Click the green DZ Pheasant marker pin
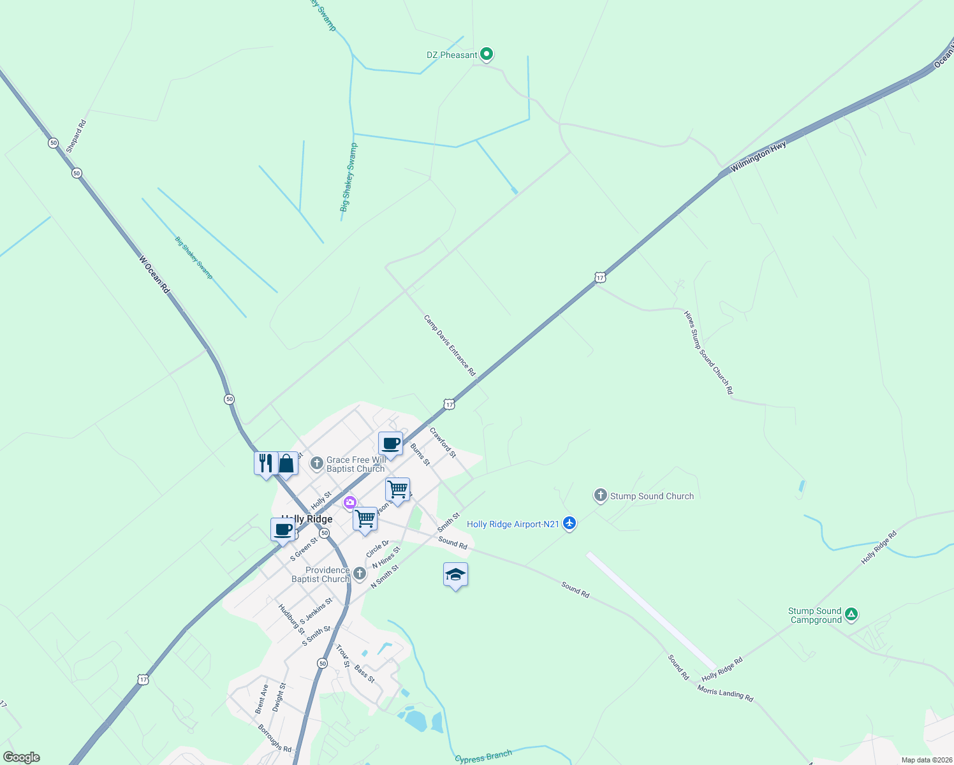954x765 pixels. click(x=487, y=54)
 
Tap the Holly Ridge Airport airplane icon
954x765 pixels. click(x=569, y=524)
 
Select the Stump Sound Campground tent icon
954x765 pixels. click(x=851, y=615)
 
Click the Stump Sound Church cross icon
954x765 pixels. click(x=600, y=495)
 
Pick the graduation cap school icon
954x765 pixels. click(x=455, y=575)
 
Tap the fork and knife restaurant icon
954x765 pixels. click(x=265, y=463)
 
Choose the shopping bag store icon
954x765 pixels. click(x=286, y=463)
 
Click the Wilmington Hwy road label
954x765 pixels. click(x=758, y=157)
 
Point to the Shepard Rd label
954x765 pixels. click(x=76, y=136)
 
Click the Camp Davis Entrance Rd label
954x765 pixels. click(x=450, y=345)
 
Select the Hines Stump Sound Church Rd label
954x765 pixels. click(x=708, y=353)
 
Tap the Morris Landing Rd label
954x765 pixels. click(x=725, y=694)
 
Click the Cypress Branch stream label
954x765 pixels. click(x=483, y=757)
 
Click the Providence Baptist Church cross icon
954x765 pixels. click(x=360, y=574)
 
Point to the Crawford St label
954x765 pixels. click(x=443, y=442)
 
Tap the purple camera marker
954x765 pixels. click(x=349, y=503)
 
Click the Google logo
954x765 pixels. click(x=21, y=757)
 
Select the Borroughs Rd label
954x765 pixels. click(x=274, y=738)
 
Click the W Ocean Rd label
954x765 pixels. click(x=155, y=274)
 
